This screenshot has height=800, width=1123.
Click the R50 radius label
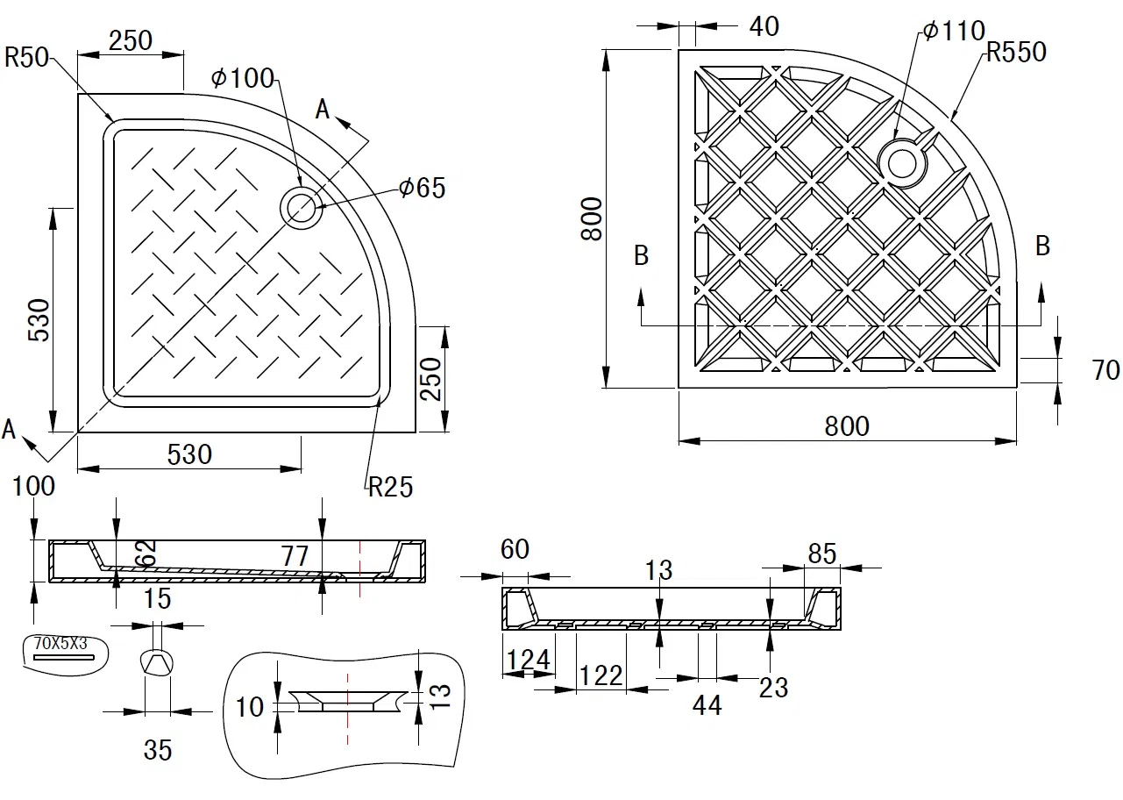[26, 58]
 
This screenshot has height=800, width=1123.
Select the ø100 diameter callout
[243, 78]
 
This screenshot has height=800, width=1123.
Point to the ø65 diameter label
[422, 188]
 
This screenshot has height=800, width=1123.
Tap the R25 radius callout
[390, 487]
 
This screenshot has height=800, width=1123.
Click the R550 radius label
[1015, 53]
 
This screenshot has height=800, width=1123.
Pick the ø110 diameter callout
[954, 32]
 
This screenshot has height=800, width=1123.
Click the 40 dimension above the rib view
[764, 26]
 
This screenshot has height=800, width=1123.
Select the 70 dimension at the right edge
[1105, 370]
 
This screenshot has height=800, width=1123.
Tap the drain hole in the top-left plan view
[301, 208]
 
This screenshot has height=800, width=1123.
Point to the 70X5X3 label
[60, 643]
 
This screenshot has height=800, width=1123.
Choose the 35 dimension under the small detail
[158, 750]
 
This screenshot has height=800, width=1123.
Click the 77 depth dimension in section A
[295, 554]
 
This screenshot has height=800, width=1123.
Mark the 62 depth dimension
[146, 552]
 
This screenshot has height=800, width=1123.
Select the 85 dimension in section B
[821, 554]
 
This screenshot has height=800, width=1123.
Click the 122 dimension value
[601, 675]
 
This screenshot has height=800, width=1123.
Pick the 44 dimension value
[706, 704]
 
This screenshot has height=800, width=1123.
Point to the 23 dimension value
[773, 687]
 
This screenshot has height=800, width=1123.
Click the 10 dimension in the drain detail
[250, 706]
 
